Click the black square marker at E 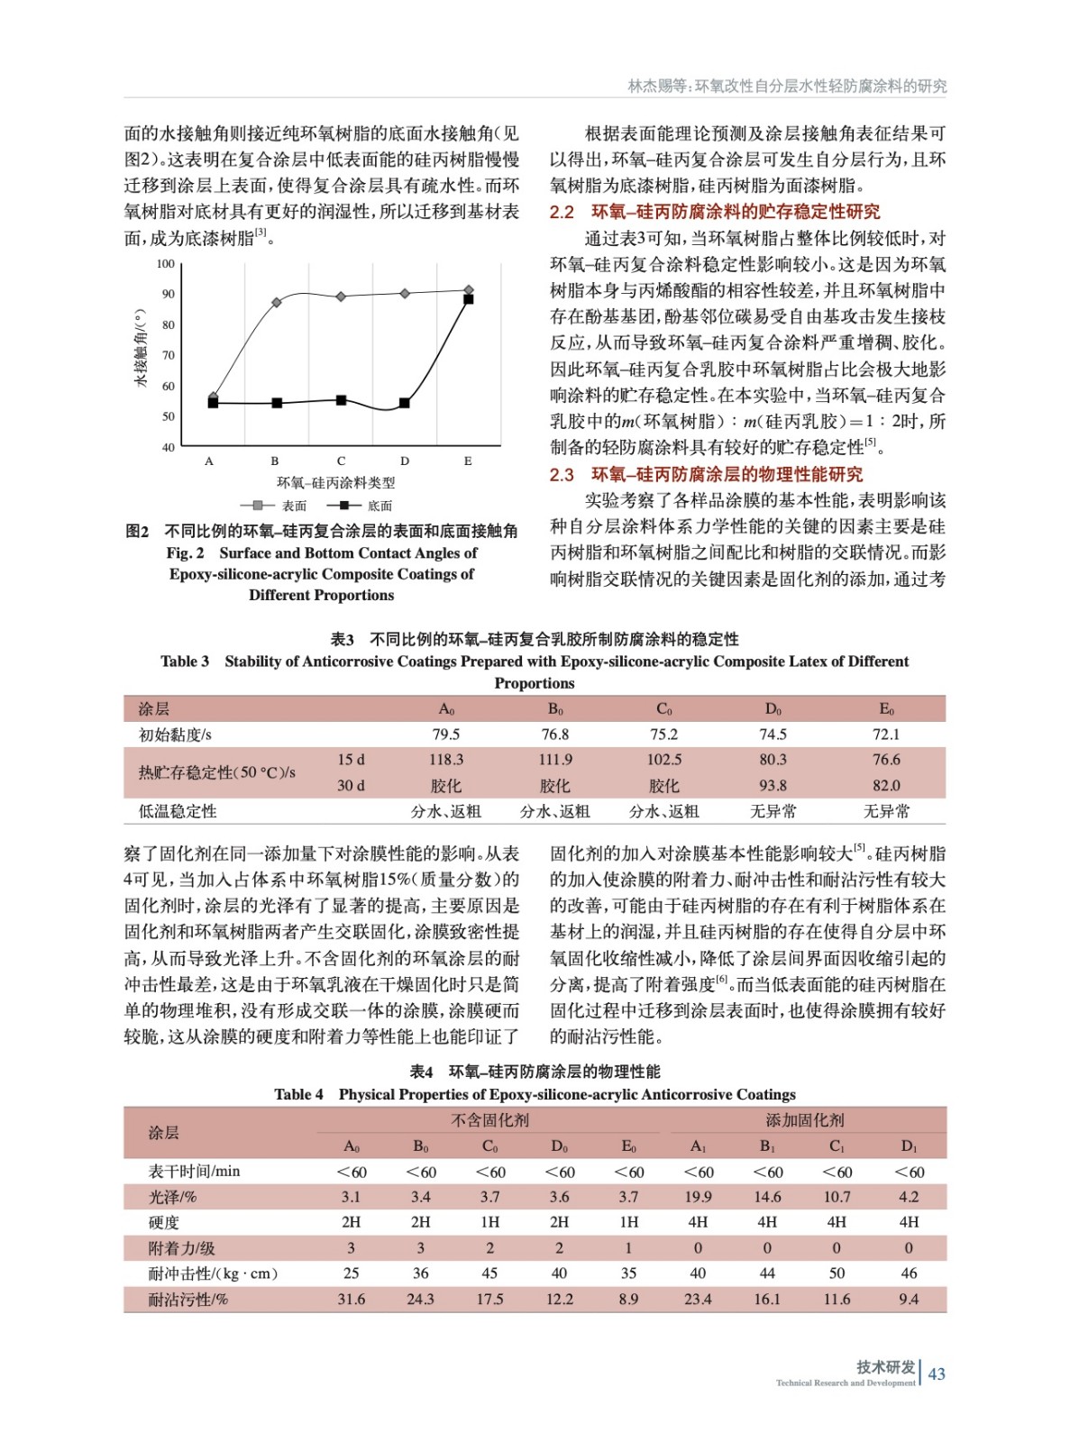click(x=469, y=299)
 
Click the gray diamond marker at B click(x=277, y=302)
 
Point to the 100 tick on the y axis click(x=166, y=264)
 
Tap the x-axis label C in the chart click(x=341, y=461)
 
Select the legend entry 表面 click(x=274, y=506)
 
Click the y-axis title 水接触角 click(x=141, y=348)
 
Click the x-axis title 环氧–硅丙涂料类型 click(x=335, y=483)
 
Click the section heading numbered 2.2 click(x=715, y=212)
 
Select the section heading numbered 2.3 click(x=706, y=474)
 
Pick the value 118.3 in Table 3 click(x=446, y=760)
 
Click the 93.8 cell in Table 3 click(x=773, y=785)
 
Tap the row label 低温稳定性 click(x=178, y=811)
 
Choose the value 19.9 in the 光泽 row click(x=698, y=1197)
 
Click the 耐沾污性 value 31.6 click(x=352, y=1299)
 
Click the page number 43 click(x=937, y=1374)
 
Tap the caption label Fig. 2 click(x=185, y=552)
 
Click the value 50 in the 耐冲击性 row click(x=837, y=1273)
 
